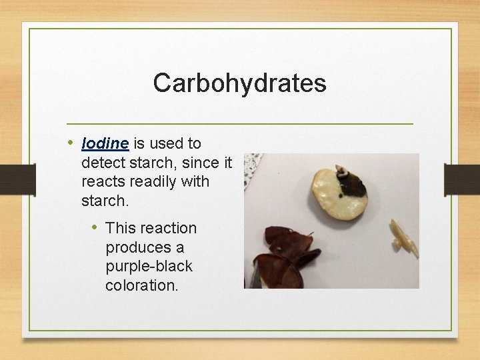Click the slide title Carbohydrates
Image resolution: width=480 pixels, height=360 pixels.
click(x=239, y=83)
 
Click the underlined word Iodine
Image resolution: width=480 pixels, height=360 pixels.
click(x=105, y=143)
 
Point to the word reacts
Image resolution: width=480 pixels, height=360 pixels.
click(x=103, y=181)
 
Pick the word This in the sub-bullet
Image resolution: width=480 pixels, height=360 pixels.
click(x=120, y=228)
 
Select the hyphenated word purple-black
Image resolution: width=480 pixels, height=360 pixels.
click(x=149, y=266)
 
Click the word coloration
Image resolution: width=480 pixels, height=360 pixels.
click(x=141, y=285)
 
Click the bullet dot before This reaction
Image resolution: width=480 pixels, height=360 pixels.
click(x=95, y=227)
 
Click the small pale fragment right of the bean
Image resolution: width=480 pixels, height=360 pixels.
click(x=405, y=239)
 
